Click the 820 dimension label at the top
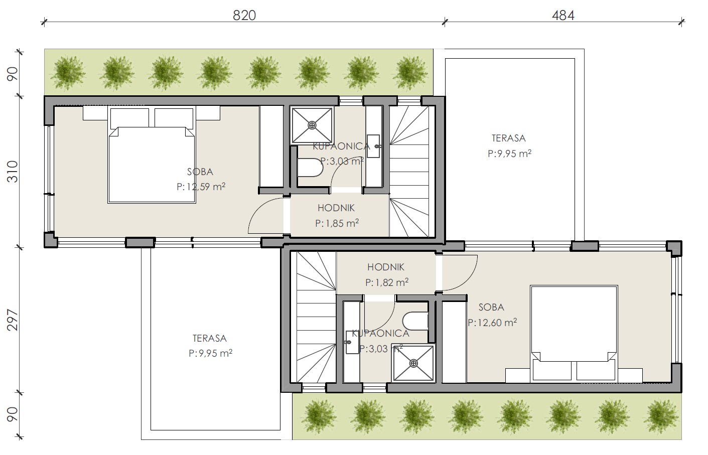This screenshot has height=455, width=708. pos(244,15)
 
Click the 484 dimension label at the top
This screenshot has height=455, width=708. pos(563,15)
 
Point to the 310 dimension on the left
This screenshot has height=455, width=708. pos(13,172)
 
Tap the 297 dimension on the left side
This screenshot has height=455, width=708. pos(13,320)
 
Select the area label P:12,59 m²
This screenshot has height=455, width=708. pos(201,187)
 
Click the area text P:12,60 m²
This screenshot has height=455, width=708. pos(492,322)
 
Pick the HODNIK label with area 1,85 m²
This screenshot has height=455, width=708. pos(336,208)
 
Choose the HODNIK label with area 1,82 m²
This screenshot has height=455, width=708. pos(385,267)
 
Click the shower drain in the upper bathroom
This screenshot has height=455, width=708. pos(312,125)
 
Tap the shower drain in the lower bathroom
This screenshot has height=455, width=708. pos(413,363)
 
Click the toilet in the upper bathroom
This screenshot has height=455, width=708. pos(310,168)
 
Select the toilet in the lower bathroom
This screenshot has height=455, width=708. pos(415,321)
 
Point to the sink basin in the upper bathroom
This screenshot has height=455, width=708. pos(373,146)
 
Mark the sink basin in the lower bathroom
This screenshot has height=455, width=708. pos(352,342)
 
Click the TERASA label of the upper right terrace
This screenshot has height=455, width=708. pos(509,138)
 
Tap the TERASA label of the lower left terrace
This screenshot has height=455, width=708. pos(210,339)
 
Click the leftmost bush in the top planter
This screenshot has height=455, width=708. pos(69,73)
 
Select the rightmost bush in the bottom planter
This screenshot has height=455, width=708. pos(661,416)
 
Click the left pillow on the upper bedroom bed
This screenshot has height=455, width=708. pos(129,118)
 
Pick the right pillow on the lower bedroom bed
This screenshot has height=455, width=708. pos(596,370)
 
